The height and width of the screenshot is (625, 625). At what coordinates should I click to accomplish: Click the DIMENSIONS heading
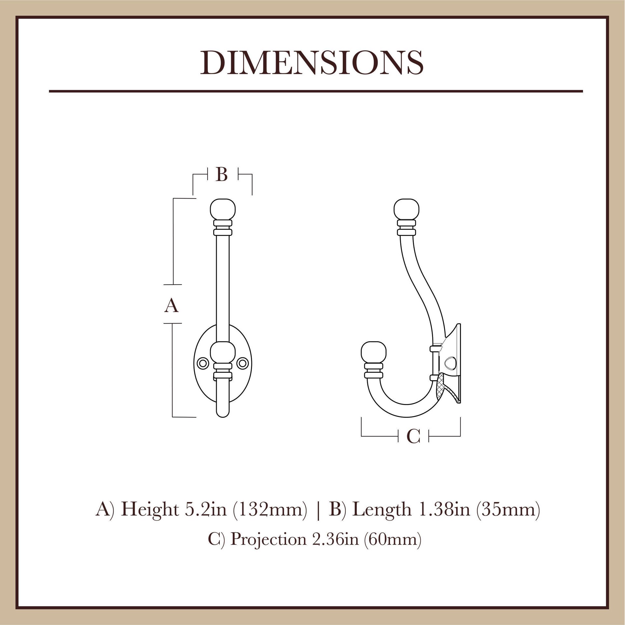312,63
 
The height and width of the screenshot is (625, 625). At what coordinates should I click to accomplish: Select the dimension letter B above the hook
222,175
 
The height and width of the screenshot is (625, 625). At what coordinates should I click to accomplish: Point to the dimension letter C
413,437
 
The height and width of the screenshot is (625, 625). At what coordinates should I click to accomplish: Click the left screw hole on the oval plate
203,363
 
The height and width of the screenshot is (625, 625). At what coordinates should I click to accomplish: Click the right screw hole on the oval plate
242,363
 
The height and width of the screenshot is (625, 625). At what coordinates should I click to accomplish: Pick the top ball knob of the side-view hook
406,209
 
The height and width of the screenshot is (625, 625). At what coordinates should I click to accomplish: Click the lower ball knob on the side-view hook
374,352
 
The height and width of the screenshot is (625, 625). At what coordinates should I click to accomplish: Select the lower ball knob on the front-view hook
223,352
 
